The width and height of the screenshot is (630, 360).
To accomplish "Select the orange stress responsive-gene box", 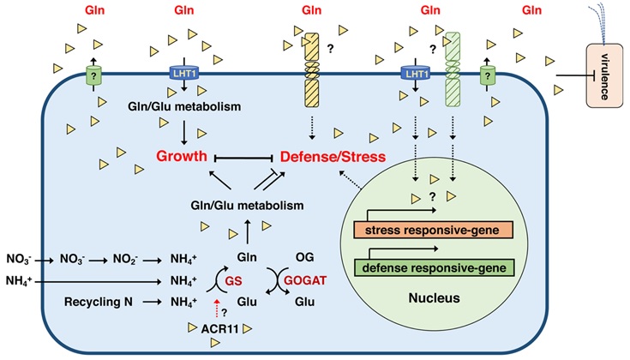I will pos(432,230).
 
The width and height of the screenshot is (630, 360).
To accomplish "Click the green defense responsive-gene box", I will pos(432,268).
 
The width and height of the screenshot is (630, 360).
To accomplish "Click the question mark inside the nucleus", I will pos(432,195).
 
